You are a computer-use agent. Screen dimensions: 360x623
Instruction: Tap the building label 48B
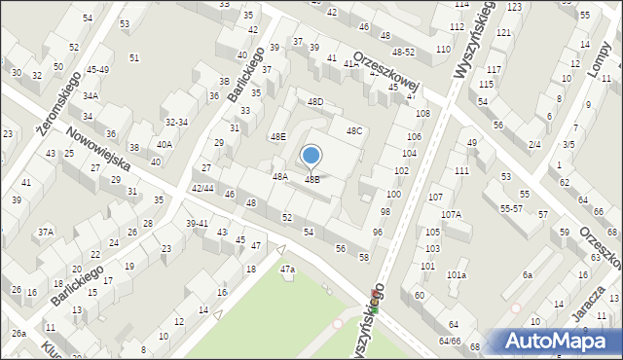pos(312,180)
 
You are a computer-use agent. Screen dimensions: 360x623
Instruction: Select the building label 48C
pos(353,130)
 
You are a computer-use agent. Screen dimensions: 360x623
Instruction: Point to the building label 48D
pos(315,101)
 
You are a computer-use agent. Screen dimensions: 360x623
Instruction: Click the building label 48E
pos(278,137)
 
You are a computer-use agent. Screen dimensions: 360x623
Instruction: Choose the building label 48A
pos(280,177)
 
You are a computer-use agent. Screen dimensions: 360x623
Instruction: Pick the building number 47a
pos(287,269)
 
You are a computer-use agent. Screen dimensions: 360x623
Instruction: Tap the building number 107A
pos(451,214)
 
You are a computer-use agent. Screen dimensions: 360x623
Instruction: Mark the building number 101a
pos(457,275)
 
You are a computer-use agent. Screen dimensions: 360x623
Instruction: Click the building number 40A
pos(165,144)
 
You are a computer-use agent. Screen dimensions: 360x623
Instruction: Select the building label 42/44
pos(203,188)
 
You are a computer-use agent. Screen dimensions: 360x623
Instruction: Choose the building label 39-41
pos(198,223)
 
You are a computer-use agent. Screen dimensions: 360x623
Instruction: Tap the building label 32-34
pos(176,122)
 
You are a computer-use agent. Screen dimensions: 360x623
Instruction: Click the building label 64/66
pos(450,342)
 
